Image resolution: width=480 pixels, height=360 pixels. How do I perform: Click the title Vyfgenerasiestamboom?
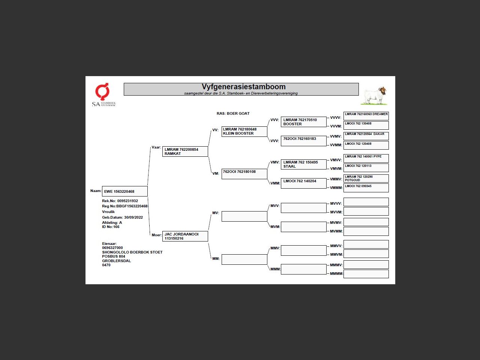coord(243,87)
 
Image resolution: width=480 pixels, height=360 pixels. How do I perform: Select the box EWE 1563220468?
coord(125,191)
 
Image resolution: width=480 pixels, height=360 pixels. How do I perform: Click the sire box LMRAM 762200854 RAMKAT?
coord(185,151)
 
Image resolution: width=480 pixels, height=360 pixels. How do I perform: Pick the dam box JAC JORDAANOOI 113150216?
coord(185,236)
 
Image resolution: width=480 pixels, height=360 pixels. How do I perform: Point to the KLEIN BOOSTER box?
coord(244,132)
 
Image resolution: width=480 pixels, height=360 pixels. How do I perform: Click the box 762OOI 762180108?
coord(244,174)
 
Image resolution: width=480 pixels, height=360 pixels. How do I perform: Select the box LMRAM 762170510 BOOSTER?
coord(303,122)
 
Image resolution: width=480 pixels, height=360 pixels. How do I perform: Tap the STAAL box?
coord(303,164)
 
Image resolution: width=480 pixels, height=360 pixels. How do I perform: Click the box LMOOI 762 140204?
coord(303,183)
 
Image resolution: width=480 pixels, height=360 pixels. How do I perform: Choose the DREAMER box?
coord(366,116)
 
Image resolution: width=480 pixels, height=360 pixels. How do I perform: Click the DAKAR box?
coord(366,136)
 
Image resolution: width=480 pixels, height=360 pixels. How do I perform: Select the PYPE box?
coord(366,158)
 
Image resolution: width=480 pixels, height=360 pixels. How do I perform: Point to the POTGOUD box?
coord(366,178)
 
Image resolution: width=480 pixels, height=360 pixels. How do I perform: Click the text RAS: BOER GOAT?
coord(233,114)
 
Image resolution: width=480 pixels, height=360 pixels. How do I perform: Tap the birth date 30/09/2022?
coord(133,217)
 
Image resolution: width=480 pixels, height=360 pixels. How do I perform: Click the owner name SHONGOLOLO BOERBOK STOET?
coord(132,252)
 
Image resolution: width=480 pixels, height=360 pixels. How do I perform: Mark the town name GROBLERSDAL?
coord(117,261)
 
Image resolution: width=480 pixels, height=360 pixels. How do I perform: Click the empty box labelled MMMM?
coord(366,274)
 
